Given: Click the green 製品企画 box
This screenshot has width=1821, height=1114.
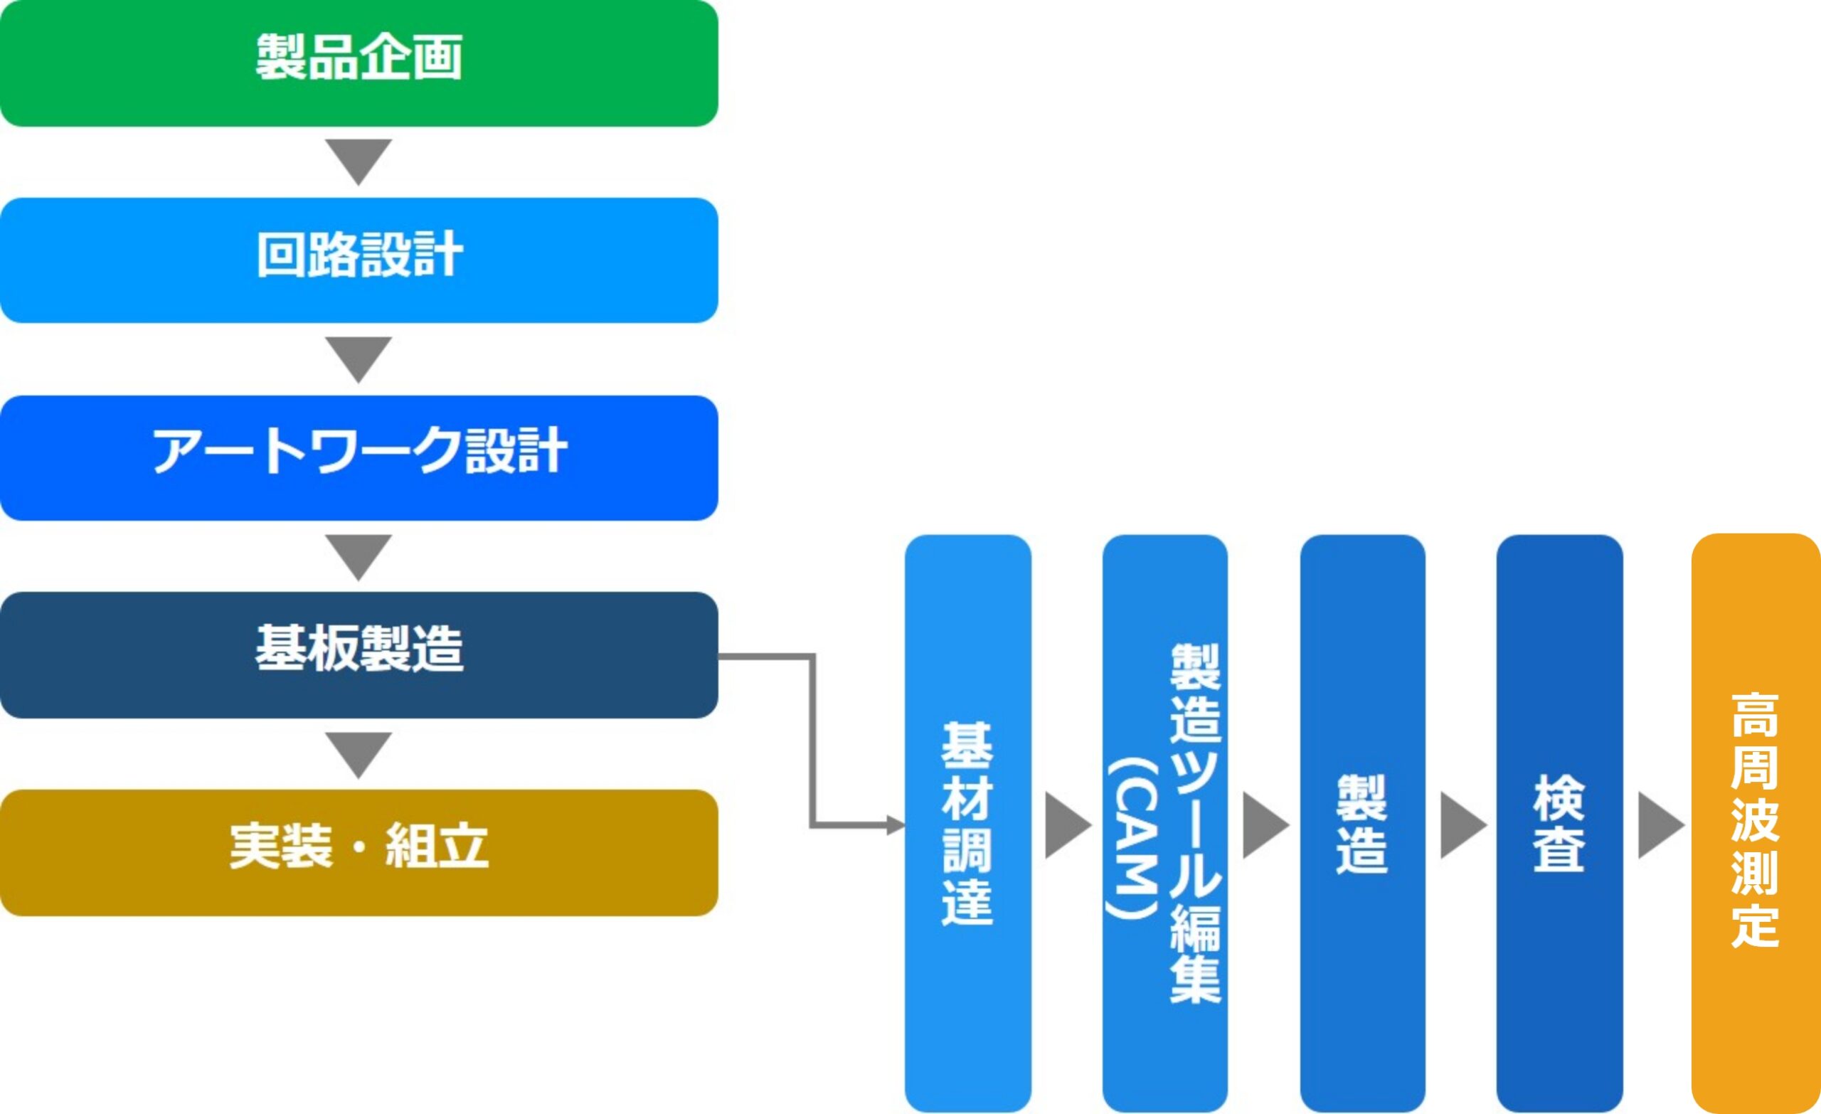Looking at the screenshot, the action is tap(359, 63).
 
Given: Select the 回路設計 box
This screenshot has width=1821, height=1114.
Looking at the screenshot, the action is tap(359, 260).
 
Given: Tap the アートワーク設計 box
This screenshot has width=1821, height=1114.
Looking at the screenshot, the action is tap(359, 457).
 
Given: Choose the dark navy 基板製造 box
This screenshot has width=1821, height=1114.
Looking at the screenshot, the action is tap(359, 655).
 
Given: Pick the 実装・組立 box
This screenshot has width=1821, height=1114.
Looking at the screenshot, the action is tap(359, 853).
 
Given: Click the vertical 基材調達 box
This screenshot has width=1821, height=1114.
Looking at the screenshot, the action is tap(968, 824).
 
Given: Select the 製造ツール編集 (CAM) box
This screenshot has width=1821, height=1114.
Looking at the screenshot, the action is tap(1165, 824).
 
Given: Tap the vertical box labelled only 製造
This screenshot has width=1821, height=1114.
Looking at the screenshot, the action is tap(1363, 824).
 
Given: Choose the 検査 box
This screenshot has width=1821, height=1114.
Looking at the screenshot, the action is tap(1560, 824).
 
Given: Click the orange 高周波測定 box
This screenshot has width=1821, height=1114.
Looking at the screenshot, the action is tap(1757, 824).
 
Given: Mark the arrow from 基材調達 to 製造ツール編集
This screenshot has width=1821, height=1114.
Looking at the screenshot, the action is tap(1068, 826).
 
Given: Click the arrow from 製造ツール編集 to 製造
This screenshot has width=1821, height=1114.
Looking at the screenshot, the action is tap(1266, 826).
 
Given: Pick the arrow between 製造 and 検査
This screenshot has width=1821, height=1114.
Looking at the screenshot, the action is tap(1463, 826).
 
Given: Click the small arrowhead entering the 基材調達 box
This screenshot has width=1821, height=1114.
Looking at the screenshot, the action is tap(896, 825).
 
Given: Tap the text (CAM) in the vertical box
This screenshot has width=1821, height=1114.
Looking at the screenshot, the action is tap(1132, 838).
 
